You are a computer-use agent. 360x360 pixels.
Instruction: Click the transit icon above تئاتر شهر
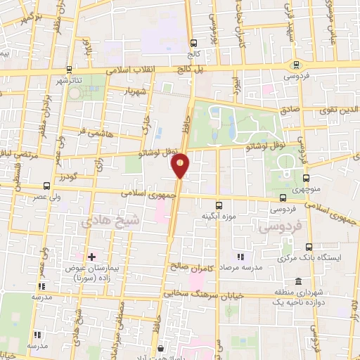pyautogui.click(x=68, y=70)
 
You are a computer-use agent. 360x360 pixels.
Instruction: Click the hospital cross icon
pyautogui.click(x=91, y=257)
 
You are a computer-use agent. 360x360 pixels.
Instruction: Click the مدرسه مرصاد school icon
pyautogui.click(x=240, y=257)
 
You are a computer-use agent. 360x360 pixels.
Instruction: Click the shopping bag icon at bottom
pyautogui.click(x=161, y=348)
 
